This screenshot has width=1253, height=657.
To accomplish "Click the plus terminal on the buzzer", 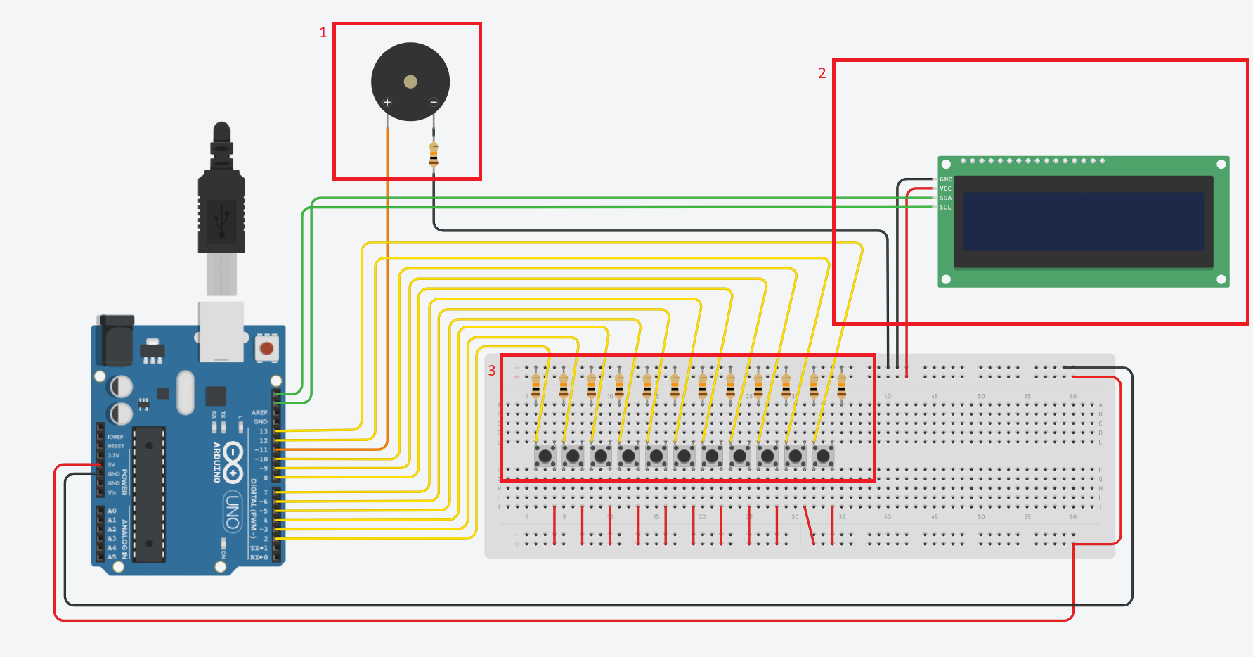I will (x=387, y=103).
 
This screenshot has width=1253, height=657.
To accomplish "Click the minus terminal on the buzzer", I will (x=434, y=103).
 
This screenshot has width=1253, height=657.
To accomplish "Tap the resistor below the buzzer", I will (x=434, y=155).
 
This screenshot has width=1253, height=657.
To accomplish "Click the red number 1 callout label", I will (x=323, y=32).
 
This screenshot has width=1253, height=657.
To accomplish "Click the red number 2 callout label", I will (x=822, y=73).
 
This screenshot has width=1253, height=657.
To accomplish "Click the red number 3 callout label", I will (x=492, y=371).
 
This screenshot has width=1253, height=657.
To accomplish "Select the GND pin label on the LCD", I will (x=946, y=179).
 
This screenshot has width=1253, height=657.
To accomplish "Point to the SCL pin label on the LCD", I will (x=945, y=208).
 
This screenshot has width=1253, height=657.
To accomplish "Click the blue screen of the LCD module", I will (x=1083, y=222).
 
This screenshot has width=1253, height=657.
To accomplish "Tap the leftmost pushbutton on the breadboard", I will (x=545, y=457).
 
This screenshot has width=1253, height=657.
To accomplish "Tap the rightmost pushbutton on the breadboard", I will (x=823, y=457).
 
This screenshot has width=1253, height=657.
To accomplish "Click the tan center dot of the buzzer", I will (x=410, y=82).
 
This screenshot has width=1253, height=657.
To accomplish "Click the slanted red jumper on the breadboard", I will (x=810, y=525).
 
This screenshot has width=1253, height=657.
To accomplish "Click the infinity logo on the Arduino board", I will (x=233, y=462).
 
